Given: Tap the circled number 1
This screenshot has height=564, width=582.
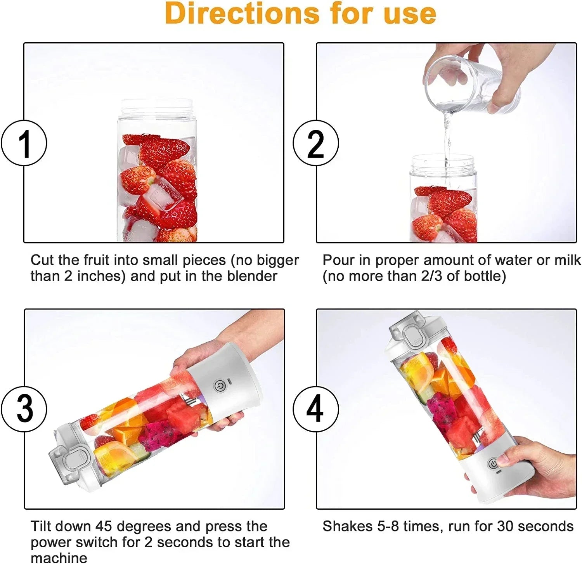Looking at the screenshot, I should coord(24,143).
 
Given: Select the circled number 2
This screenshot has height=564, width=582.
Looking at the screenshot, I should coord(315,143).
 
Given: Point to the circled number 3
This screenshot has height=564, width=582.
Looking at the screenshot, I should coord(24,408).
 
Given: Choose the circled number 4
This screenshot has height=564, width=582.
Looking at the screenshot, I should coord(315,408).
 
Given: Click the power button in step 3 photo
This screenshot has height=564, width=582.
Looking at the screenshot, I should coord(219,386).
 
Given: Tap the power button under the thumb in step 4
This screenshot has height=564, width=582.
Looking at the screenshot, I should coord(494,464).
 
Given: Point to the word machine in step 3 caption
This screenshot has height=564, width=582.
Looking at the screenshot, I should coord(59,558).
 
